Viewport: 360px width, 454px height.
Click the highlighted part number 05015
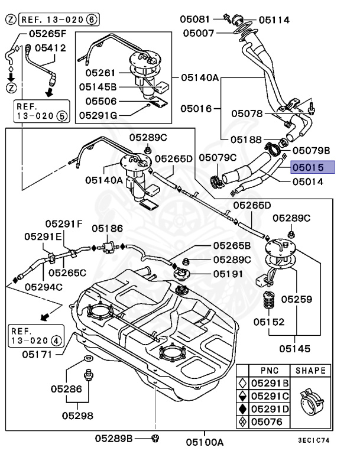[x=312, y=167]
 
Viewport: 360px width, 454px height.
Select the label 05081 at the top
[x=194, y=19]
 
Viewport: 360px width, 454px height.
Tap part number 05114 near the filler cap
[x=274, y=20]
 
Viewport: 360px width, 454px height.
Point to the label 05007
[x=198, y=33]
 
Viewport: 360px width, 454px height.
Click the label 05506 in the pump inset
[x=100, y=101]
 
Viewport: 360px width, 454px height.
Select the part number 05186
[x=106, y=228]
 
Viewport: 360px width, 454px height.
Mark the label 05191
[x=229, y=274]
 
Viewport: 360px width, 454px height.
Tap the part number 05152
[x=269, y=322]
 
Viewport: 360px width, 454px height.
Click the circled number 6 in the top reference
[x=91, y=20]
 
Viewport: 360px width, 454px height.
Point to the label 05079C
[x=217, y=157]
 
